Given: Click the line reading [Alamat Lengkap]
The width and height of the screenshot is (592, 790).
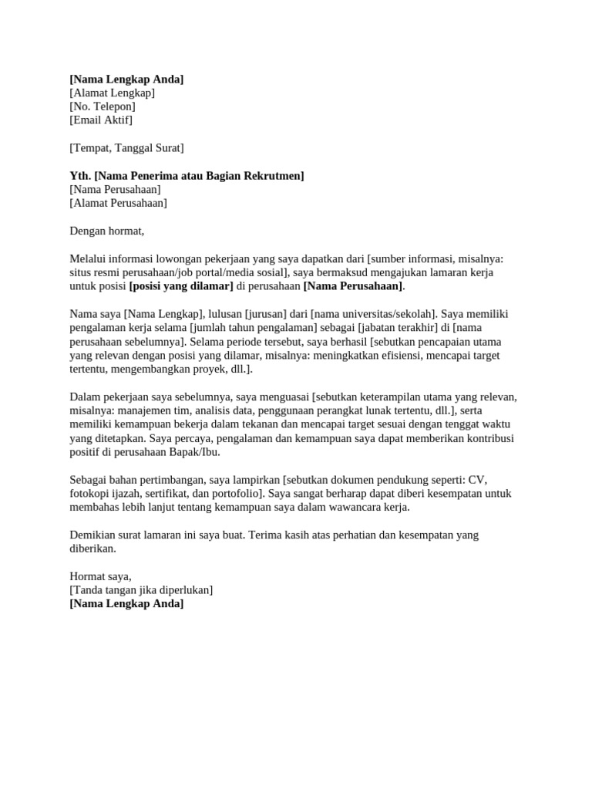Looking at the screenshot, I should tap(112, 93).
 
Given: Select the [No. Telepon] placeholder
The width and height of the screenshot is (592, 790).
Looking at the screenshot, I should tap(103, 106).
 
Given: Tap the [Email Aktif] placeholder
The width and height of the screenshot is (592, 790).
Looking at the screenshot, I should tap(101, 120).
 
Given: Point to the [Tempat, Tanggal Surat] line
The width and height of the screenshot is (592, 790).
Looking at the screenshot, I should tap(126, 147).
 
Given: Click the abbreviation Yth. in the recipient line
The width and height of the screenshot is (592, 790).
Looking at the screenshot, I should tap(80, 176).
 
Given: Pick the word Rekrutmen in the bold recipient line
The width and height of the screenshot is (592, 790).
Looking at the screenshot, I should tap(275, 176).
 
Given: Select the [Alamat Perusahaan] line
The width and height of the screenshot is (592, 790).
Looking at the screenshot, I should tap(118, 204).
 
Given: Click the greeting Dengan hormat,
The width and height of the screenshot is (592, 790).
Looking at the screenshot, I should tap(107, 231).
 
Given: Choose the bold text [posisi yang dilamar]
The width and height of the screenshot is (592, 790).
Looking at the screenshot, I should tap(181, 286).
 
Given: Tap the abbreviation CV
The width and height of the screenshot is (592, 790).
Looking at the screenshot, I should tap(478, 480).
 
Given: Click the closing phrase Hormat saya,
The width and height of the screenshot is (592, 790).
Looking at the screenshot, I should tap(100, 576).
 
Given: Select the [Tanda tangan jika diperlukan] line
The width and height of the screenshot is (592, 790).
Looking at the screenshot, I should tap(141, 590).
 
